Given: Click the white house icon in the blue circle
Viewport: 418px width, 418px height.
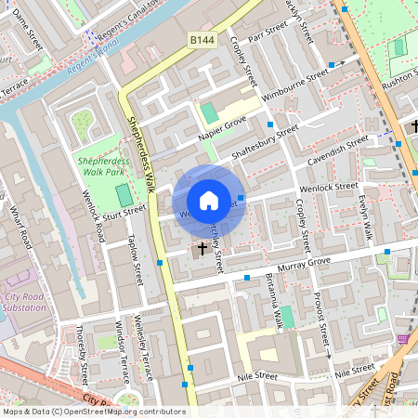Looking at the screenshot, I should point(209,201).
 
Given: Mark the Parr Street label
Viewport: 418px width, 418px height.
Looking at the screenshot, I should point(268,40).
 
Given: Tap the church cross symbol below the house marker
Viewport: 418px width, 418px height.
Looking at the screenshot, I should point(200,249).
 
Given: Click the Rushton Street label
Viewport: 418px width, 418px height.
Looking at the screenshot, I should point(397,81).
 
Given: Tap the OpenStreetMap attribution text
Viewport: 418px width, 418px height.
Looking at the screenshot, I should point(93,411).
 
